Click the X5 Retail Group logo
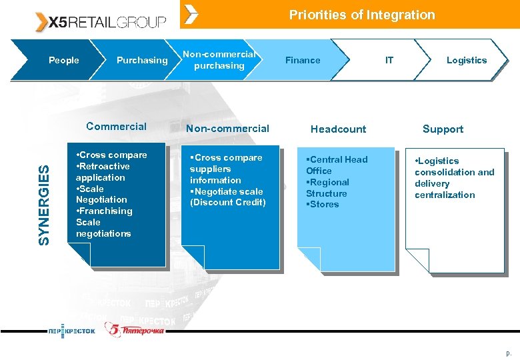click(x=100, y=22)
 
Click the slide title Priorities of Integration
click(x=361, y=15)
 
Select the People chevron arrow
click(x=64, y=60)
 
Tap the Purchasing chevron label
click(x=142, y=60)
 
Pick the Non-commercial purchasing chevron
click(x=219, y=60)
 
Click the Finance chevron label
click(x=303, y=60)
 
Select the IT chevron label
click(x=389, y=60)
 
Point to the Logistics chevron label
click(x=466, y=60)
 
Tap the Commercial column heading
click(x=116, y=127)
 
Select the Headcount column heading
click(x=338, y=129)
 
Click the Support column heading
click(x=443, y=129)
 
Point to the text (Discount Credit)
click(x=228, y=203)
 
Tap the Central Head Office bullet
click(x=336, y=165)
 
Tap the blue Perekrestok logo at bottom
click(x=71, y=331)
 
